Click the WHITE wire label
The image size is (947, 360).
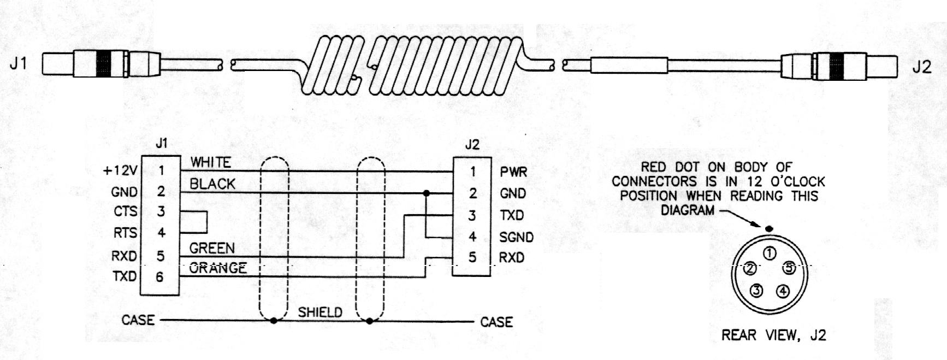pyautogui.click(x=210, y=162)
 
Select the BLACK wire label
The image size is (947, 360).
pyautogui.click(x=212, y=184)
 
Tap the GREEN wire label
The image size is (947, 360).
pyautogui.click(x=212, y=249)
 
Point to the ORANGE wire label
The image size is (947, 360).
pyautogui.click(x=217, y=268)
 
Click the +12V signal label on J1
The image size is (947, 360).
pyautogui.click(x=120, y=171)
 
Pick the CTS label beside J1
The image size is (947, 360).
pyautogui.click(x=125, y=211)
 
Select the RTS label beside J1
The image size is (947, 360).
pyautogui.click(x=125, y=233)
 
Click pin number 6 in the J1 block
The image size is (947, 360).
pyautogui.click(x=160, y=277)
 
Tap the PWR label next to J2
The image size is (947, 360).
pyautogui.click(x=513, y=172)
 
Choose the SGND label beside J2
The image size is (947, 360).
pyautogui.click(x=516, y=237)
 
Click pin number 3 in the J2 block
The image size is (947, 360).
pyautogui.click(x=472, y=215)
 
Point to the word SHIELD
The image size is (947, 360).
pyautogui.click(x=320, y=312)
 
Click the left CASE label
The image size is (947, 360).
pyautogui.click(x=138, y=320)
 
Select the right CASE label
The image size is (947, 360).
pyautogui.click(x=496, y=322)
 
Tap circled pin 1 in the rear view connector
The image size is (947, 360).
pyautogui.click(x=770, y=253)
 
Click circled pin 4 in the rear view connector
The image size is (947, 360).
pyautogui.click(x=783, y=291)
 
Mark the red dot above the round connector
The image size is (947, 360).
pyautogui.click(x=769, y=228)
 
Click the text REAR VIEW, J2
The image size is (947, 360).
pyautogui.click(x=773, y=335)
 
